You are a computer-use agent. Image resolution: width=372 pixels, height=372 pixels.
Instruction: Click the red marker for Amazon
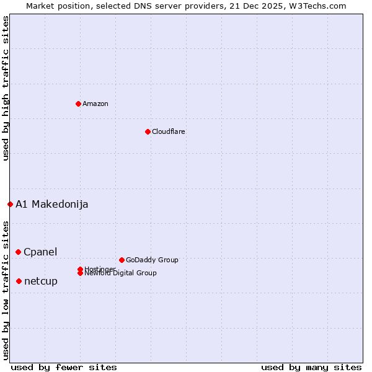78,104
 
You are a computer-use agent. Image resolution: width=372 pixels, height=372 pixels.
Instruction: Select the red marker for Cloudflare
148,131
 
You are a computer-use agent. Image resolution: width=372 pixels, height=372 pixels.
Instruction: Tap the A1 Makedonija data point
10,204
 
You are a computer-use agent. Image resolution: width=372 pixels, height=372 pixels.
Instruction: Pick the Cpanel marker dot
18,252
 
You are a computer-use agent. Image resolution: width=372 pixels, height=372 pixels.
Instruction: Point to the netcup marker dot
19,281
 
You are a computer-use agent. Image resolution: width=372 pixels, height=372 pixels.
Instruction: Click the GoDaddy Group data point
122,260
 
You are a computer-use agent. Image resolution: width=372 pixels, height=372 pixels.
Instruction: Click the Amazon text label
95,104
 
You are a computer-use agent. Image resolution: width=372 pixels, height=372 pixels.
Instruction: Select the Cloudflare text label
169,131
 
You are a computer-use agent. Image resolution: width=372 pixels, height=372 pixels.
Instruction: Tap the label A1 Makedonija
52,204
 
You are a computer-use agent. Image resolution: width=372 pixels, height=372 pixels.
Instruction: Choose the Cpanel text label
40,252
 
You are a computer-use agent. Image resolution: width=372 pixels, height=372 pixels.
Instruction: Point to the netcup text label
41,281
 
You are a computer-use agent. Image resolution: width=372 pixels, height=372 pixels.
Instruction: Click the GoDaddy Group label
152,260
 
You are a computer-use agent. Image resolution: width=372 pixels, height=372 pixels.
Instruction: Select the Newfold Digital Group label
121,273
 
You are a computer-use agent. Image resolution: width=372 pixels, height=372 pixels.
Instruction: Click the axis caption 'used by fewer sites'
64,367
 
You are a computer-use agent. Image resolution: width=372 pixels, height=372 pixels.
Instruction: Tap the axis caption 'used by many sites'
311,367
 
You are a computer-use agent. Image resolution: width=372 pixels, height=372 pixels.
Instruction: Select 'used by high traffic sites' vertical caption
6,88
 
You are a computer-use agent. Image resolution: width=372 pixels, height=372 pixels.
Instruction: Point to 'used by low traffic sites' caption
6,290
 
